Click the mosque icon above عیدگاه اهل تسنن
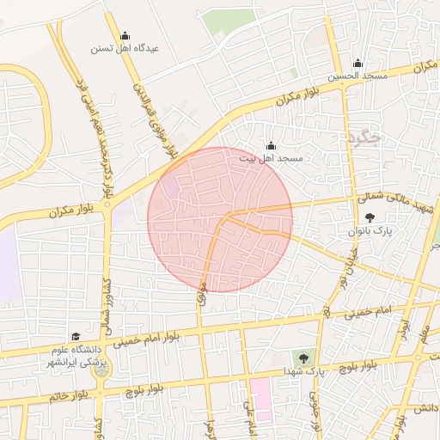coord(125,36)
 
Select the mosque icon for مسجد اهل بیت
coord(272,145)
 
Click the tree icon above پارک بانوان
coord(370,218)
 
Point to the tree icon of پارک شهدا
coord(302,357)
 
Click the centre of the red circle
coord(220,219)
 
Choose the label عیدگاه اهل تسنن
coord(125,49)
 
